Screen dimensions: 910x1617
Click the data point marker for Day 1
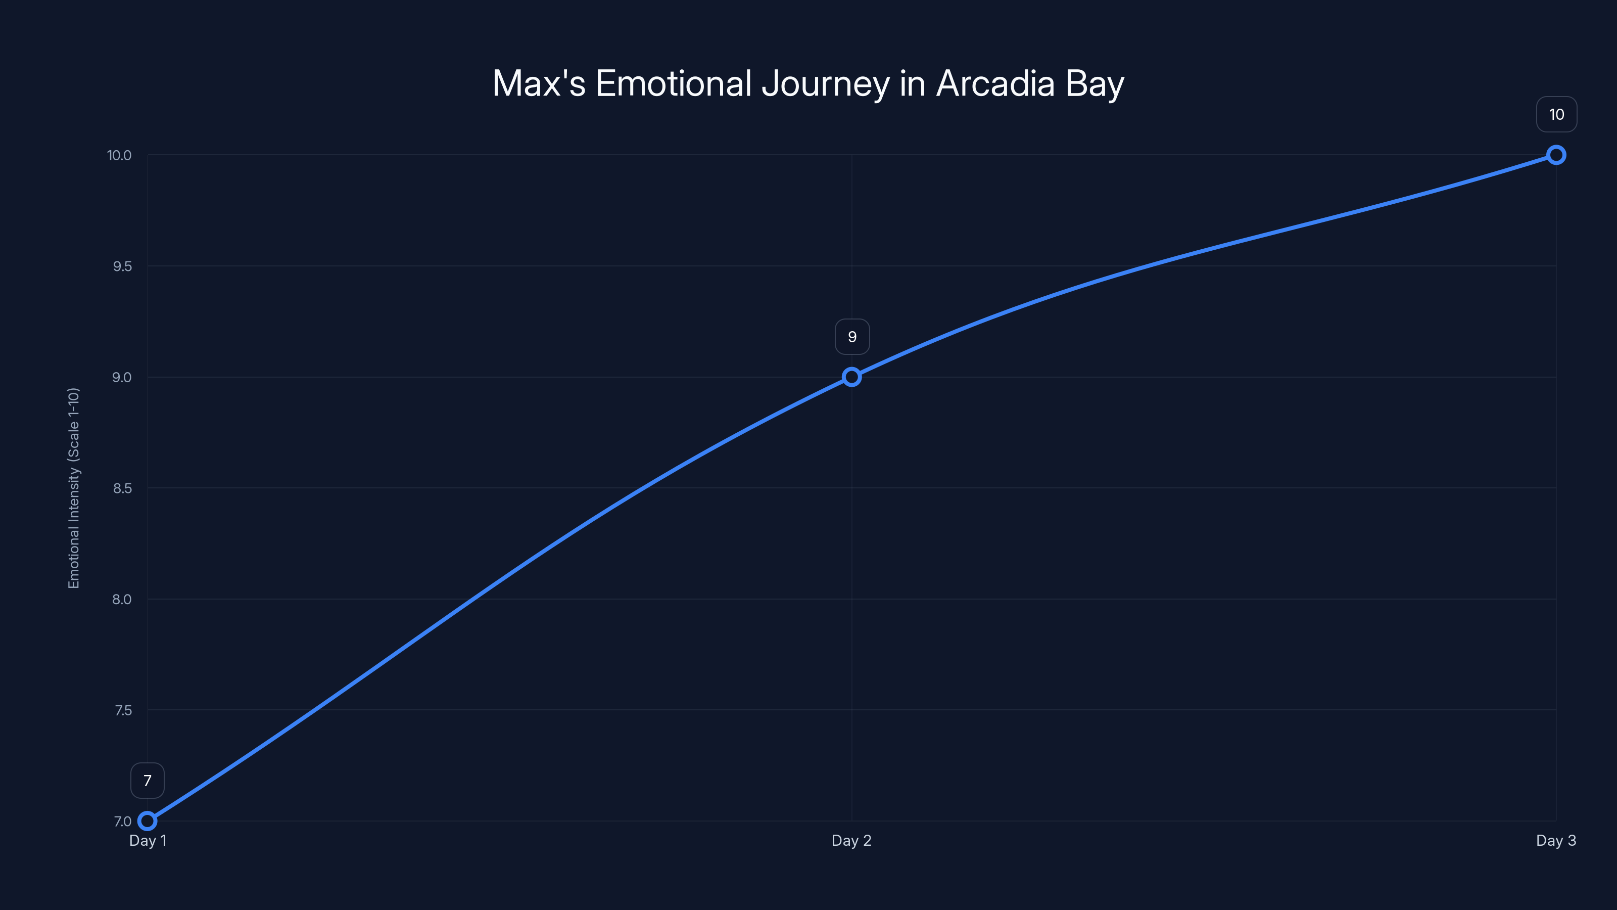tap(147, 821)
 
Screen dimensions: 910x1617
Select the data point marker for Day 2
tap(852, 377)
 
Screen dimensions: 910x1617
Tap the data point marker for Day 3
tap(1556, 155)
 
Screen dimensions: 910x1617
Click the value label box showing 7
tap(148, 781)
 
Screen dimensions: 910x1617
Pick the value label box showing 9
tap(852, 337)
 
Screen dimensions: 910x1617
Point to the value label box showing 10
tap(1556, 114)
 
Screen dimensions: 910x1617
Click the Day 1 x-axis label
tap(148, 840)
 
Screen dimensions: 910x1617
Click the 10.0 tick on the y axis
tap(119, 155)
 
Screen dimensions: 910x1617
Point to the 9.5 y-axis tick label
tap(122, 266)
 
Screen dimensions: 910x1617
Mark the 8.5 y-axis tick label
tap(122, 488)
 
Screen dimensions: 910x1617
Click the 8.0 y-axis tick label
tap(122, 599)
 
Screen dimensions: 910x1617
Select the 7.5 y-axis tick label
tap(123, 710)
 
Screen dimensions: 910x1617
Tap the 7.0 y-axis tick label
tap(122, 822)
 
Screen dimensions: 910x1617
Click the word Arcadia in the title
tap(995, 83)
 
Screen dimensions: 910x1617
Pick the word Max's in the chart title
tap(539, 83)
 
